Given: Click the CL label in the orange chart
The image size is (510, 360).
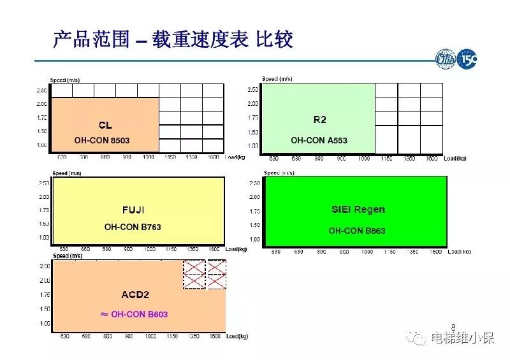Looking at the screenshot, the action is [105, 125].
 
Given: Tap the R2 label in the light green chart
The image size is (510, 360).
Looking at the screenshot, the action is [319, 120].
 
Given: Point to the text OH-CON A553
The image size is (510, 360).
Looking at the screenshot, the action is [319, 140].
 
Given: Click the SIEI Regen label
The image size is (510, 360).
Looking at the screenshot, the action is [358, 209].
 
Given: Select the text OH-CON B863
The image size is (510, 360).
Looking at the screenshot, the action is [357, 231].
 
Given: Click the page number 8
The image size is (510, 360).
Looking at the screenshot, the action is [454, 324].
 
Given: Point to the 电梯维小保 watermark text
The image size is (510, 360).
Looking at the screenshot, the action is [462, 338].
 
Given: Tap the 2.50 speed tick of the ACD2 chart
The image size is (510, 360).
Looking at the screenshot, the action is [45, 266].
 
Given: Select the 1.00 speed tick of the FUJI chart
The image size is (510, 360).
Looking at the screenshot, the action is [45, 238].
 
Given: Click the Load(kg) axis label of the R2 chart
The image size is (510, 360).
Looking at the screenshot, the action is [453, 158].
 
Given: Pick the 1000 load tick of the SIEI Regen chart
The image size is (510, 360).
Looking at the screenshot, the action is [367, 252].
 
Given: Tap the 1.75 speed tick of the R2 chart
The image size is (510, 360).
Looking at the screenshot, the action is [252, 117].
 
